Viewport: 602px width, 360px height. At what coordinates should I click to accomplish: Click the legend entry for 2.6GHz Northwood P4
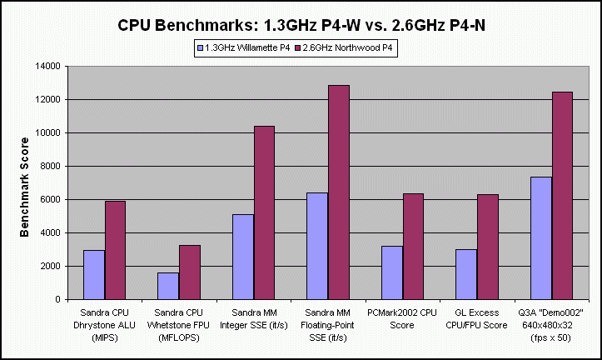coord(350,48)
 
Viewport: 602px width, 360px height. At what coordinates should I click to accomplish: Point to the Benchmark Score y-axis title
coord(25,183)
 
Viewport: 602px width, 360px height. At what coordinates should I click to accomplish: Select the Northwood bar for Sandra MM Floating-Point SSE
coord(339,192)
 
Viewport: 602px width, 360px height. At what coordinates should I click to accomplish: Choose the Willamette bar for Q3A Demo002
coord(540,237)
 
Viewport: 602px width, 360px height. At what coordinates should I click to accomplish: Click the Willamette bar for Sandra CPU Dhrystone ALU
coord(94,274)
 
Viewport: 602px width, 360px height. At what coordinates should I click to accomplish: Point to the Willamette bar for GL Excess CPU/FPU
coord(466,274)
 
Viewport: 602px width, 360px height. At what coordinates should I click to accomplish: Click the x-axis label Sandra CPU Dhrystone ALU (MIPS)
coord(104,323)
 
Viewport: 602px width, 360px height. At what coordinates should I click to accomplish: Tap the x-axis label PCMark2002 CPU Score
coord(402,317)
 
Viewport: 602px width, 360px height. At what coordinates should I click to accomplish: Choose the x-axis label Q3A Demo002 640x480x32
coord(550,323)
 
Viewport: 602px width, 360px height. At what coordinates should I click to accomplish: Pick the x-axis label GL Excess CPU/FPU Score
coord(476,317)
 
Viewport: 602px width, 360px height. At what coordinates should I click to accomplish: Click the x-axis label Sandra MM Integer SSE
coord(253,317)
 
